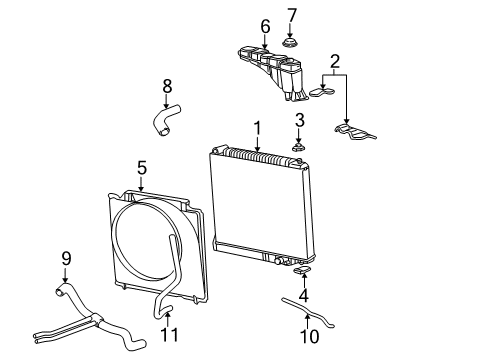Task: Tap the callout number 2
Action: click(335, 62)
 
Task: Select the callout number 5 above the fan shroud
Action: click(142, 168)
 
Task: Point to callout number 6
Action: click(265, 27)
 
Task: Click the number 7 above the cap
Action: click(291, 16)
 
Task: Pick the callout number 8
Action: click(167, 86)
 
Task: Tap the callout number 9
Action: click(66, 258)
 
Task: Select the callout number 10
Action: click(309, 336)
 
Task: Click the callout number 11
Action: click(169, 335)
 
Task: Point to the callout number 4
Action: click(304, 295)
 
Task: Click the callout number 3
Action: click(299, 120)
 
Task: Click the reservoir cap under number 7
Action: click(291, 43)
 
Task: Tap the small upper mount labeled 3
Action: click(299, 147)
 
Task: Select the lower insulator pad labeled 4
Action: click(302, 270)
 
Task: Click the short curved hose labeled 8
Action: click(166, 119)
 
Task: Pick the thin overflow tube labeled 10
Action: click(307, 313)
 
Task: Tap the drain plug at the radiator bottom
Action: click(279, 261)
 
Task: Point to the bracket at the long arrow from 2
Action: click(355, 131)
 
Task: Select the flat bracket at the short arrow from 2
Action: click(322, 92)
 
